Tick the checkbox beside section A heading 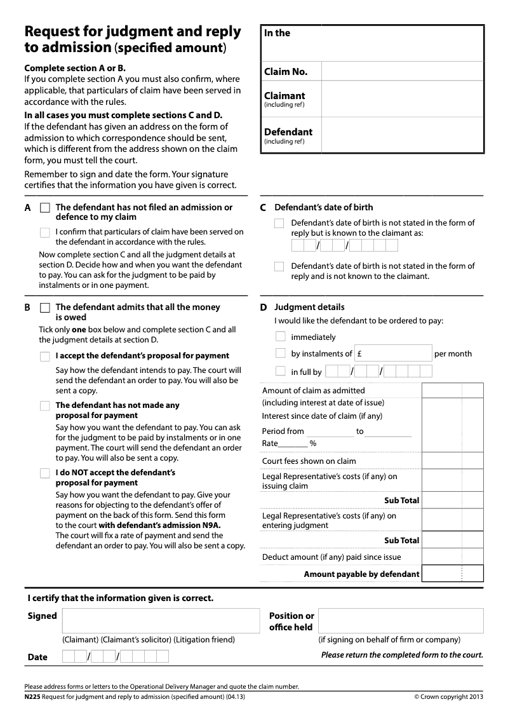[44, 208]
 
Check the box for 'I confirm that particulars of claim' [44, 233]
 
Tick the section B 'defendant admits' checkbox [44, 308]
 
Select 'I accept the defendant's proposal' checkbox [44, 356]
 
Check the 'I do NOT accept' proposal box [44, 473]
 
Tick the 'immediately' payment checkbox [280, 337]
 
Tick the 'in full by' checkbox [280, 371]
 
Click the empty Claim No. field [402, 72]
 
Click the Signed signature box [161, 621]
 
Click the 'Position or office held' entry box [400, 621]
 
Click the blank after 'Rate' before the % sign [293, 444]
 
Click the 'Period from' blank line [330, 432]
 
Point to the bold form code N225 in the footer [32, 696]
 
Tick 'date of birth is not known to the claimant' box [279, 267]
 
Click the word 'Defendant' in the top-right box [288, 132]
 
